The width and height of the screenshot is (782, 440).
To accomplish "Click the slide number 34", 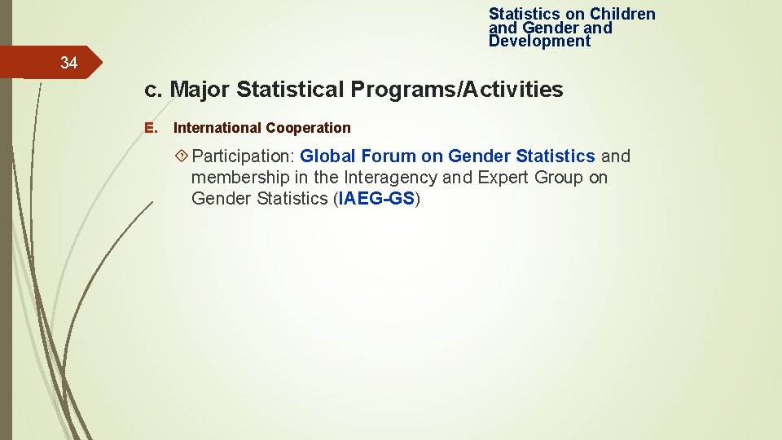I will click(x=68, y=63).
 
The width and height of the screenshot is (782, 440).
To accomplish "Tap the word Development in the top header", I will click(x=539, y=42).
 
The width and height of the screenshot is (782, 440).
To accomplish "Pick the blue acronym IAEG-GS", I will click(x=377, y=199).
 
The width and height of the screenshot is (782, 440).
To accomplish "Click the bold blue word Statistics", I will click(x=556, y=156).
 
